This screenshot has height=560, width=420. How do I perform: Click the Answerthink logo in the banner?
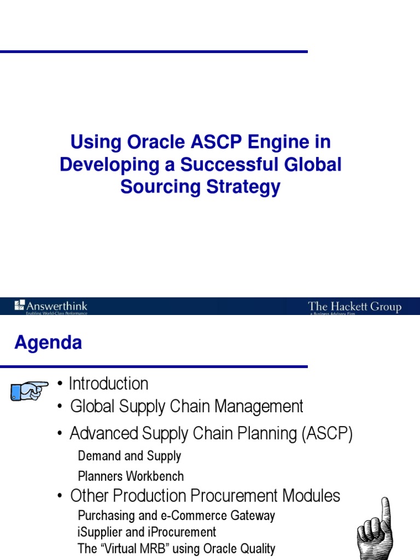51,306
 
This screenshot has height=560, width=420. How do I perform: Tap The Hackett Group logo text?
354,307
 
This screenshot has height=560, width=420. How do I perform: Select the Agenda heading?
48,343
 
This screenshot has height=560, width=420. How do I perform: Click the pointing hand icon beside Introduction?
29,390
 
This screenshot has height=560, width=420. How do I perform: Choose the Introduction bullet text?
108,384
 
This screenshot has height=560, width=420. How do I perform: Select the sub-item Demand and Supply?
129,456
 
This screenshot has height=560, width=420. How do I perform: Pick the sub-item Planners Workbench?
131,476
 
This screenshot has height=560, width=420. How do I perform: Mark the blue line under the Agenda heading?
154,366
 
